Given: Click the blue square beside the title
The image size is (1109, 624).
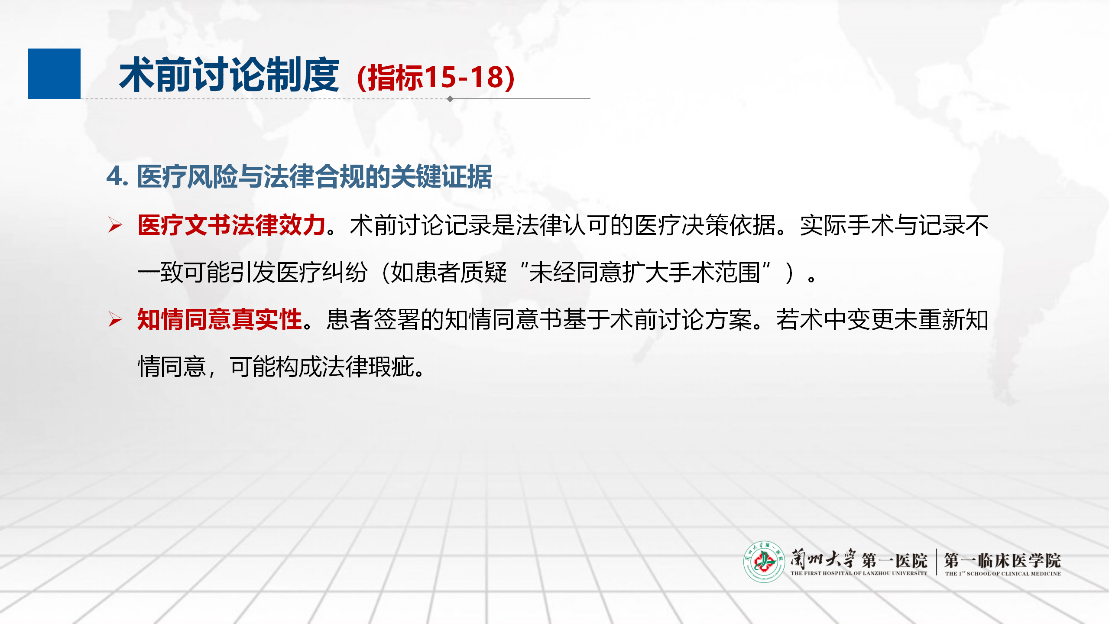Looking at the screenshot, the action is click(54, 74).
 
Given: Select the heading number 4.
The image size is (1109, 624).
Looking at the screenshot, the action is click(117, 177).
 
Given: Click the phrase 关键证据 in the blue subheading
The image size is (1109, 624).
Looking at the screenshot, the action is click(441, 177).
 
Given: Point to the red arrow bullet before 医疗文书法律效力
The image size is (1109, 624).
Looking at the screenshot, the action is click(115, 225).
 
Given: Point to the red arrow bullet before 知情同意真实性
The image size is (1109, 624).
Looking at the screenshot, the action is click(115, 320).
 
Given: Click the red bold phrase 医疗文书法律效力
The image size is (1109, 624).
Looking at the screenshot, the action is click(232, 225).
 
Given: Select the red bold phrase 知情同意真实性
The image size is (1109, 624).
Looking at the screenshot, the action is click(220, 320).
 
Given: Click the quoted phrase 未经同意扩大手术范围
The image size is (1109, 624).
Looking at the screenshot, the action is click(645, 273).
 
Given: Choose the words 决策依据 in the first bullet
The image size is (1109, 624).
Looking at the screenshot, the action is click(729, 225).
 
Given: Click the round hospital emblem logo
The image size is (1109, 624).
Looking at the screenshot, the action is click(764, 562).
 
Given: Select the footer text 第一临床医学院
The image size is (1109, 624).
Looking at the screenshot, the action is click(1002, 560).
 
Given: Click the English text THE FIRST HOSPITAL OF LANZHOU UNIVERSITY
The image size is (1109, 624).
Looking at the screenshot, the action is click(859, 573).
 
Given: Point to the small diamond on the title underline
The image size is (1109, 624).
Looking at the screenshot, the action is click(450, 99).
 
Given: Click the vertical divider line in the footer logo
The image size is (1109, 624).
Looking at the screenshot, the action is click(936, 562).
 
